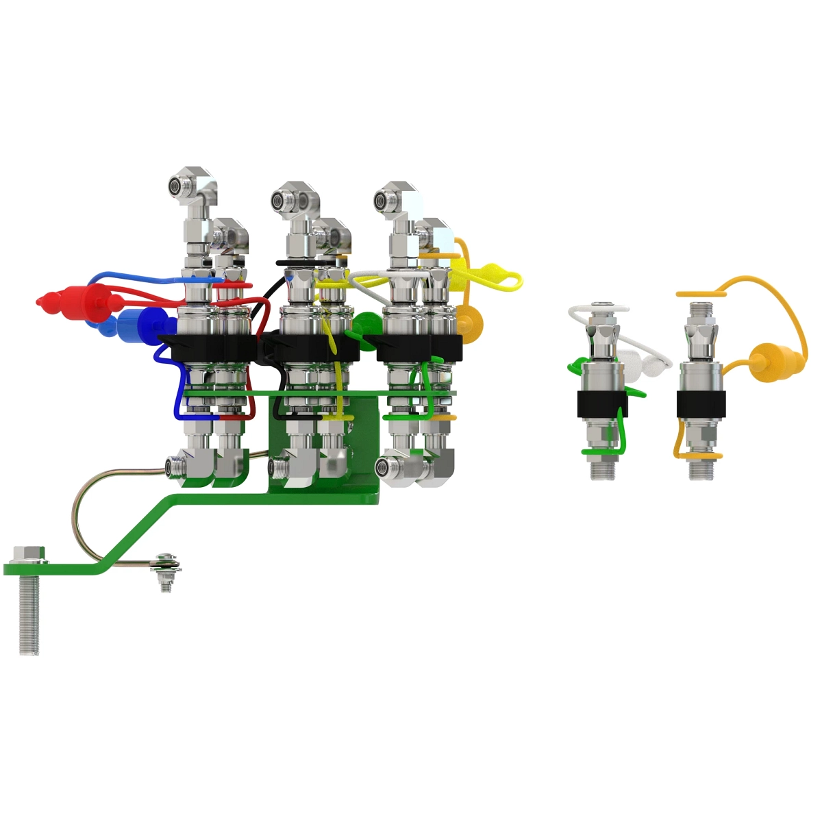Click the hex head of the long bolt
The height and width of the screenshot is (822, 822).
pyautogui.click(x=29, y=553)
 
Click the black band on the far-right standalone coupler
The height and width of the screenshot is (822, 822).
pyautogui.click(x=700, y=404)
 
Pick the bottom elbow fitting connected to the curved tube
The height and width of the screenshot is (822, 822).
pyautogui.click(x=182, y=469)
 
